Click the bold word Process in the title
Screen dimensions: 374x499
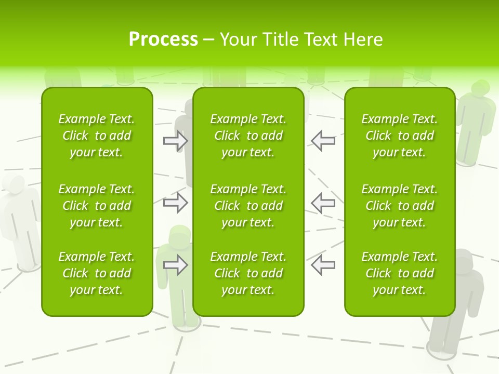click(x=163, y=39)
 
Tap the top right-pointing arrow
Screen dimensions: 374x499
click(x=175, y=141)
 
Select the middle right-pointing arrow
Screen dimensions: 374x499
click(x=175, y=203)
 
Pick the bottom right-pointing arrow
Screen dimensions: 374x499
click(x=175, y=265)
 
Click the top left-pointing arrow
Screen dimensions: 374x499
click(x=323, y=141)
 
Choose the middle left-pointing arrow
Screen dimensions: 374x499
click(x=323, y=203)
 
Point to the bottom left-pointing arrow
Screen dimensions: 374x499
click(x=323, y=265)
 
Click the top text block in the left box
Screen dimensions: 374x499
click(x=97, y=136)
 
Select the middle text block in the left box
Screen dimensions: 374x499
click(x=97, y=206)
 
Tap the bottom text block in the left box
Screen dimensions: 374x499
click(x=97, y=273)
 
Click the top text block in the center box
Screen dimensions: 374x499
click(x=248, y=136)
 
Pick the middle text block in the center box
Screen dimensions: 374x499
click(x=248, y=206)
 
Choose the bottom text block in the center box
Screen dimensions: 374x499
click(x=248, y=273)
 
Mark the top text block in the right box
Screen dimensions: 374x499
click(x=400, y=136)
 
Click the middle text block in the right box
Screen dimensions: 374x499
click(x=400, y=206)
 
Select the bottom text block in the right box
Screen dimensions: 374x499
click(x=400, y=273)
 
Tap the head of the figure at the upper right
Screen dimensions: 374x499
click(x=480, y=89)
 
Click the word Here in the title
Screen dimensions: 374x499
click(x=364, y=39)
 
